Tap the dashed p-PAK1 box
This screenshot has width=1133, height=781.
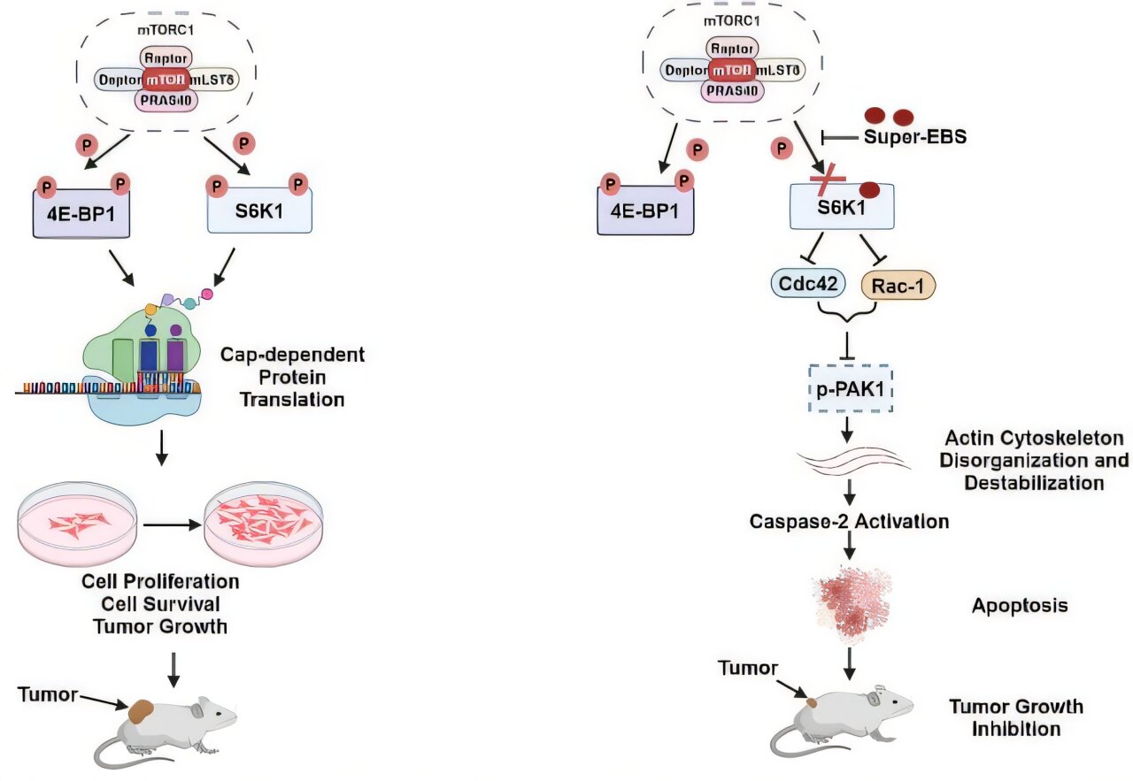[x=847, y=389]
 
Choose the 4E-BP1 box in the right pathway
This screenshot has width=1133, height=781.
[x=644, y=213]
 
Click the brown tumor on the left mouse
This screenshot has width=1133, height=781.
[x=142, y=710]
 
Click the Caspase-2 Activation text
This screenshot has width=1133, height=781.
[x=849, y=521]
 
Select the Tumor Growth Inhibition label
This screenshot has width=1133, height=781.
[x=1015, y=717]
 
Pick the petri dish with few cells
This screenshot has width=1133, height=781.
[x=78, y=524]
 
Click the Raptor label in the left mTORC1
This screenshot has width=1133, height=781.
[x=164, y=57]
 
